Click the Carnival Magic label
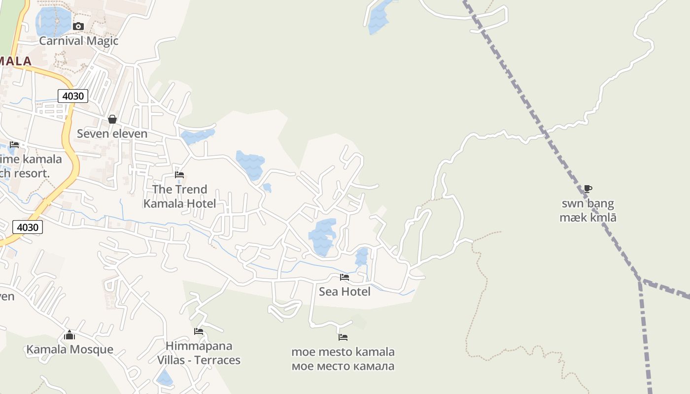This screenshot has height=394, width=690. point(79,41)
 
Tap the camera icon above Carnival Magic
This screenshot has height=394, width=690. point(78,26)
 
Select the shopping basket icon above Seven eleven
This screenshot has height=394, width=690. point(112,119)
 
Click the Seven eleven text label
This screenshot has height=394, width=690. point(112,133)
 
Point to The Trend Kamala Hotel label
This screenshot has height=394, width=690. point(179,196)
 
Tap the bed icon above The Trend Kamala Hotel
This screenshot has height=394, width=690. point(179,175)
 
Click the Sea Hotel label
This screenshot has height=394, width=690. point(345,292)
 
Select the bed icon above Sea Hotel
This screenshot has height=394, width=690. point(345,277)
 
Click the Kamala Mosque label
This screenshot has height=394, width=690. point(69,350)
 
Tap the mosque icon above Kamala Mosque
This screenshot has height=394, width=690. point(69,335)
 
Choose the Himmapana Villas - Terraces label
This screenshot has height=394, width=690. point(199,353)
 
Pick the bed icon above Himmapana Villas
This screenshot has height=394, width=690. point(199,331)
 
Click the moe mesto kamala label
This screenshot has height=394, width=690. point(343,359)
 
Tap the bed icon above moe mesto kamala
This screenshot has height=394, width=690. point(343,337)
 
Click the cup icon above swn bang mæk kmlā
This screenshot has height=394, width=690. point(587,189)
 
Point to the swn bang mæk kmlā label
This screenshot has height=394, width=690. point(588,210)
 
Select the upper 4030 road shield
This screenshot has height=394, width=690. point(73,96)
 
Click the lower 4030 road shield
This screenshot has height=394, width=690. point(27,227)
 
